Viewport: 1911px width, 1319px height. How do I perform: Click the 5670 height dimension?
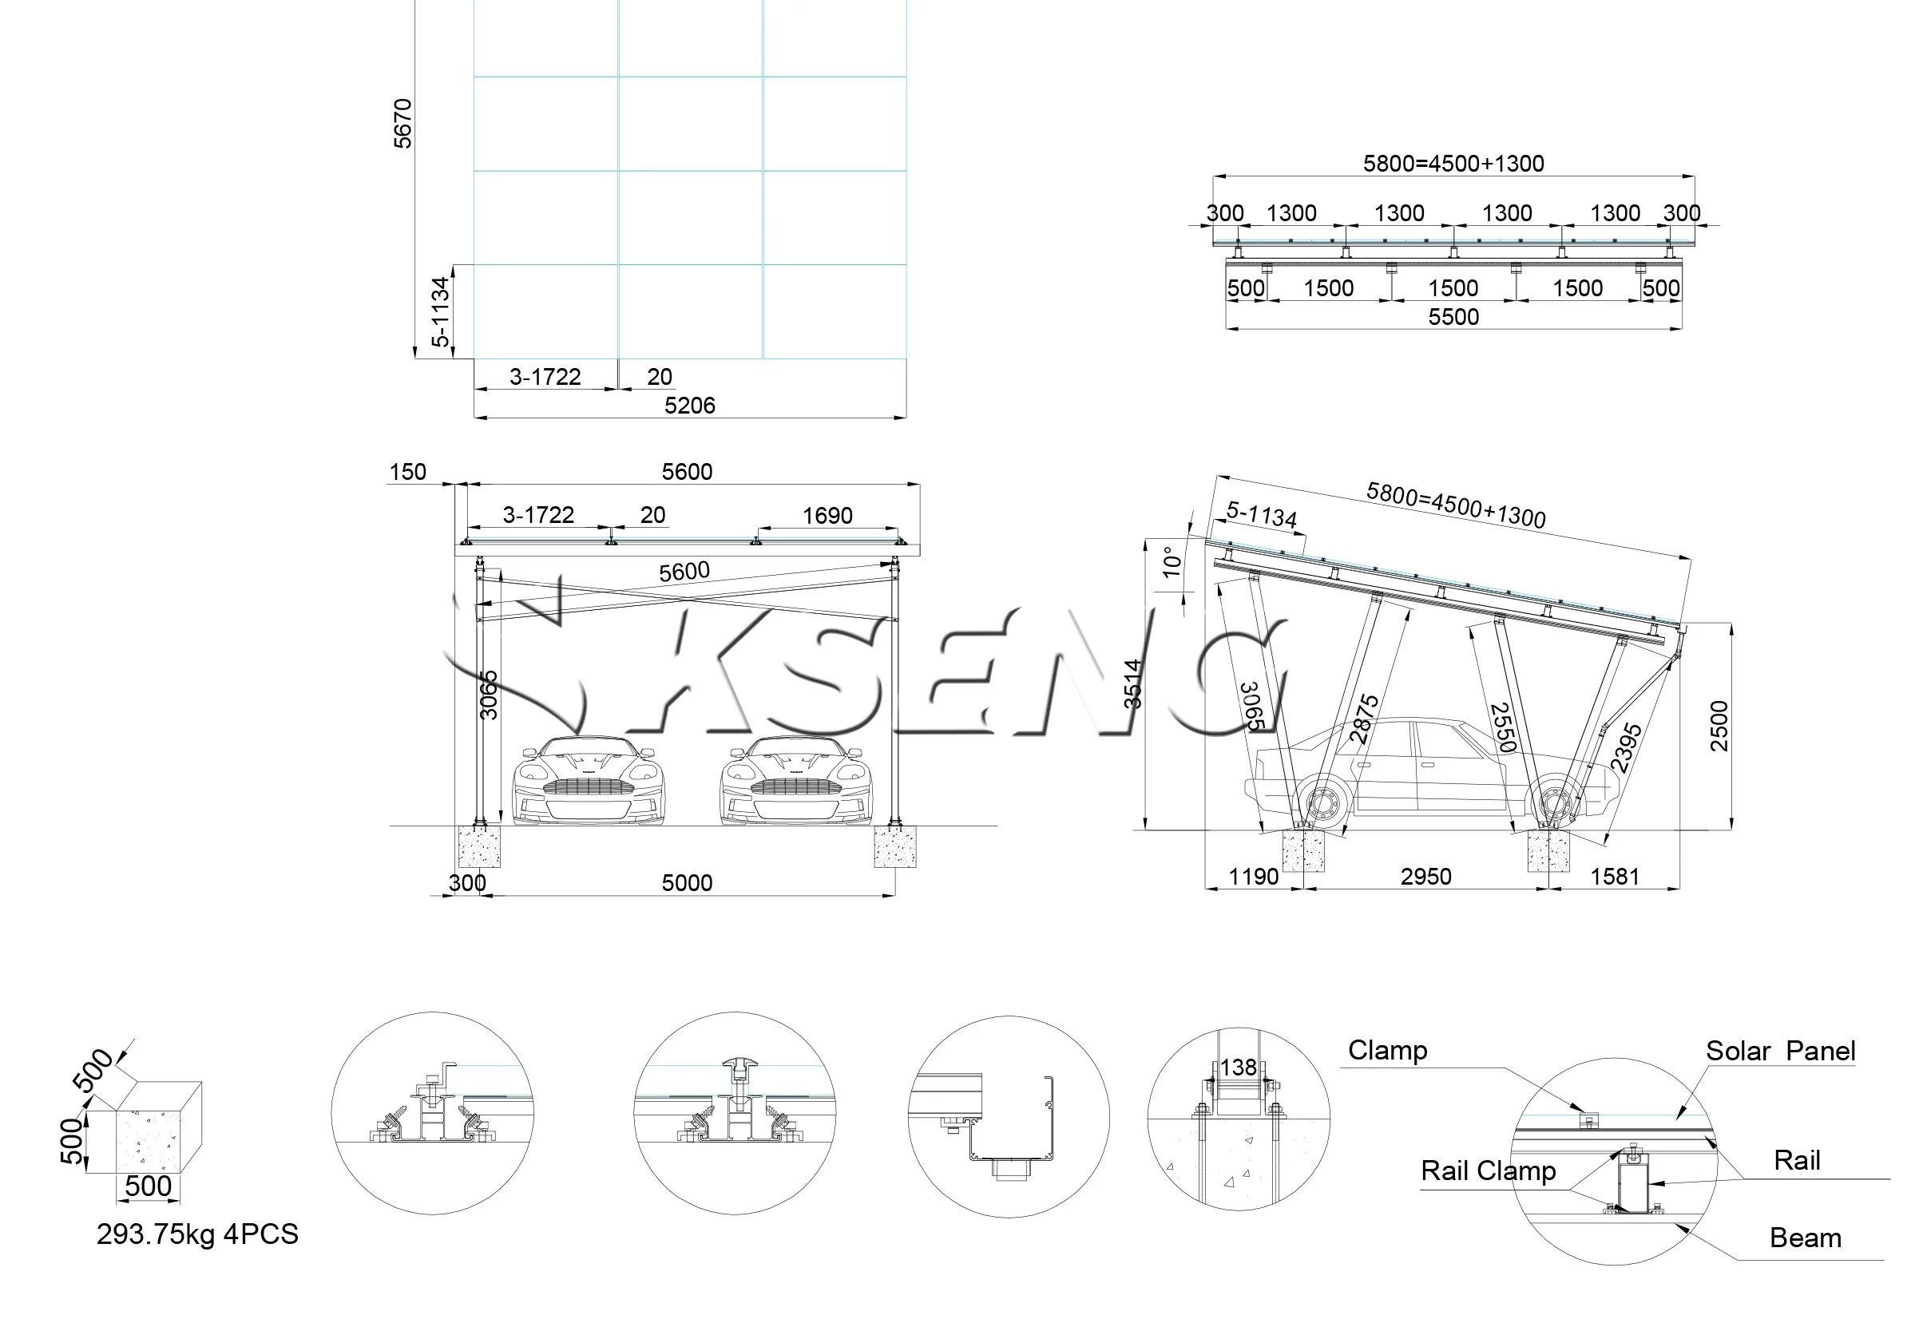(402, 123)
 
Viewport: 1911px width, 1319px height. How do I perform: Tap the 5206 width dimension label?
(689, 405)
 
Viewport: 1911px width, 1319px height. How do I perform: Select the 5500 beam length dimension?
(1453, 316)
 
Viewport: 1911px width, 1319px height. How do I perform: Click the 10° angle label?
(1172, 561)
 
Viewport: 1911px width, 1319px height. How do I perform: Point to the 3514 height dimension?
(1132, 683)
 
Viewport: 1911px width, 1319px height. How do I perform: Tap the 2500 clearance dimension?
(1719, 726)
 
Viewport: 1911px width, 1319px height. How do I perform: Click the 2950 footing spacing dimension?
(1425, 876)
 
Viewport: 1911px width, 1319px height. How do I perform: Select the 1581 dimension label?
(1614, 876)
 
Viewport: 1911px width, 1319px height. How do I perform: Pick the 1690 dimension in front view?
(827, 516)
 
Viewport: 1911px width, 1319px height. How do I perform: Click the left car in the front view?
(588, 781)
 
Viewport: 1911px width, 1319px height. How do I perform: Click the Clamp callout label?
(1387, 1051)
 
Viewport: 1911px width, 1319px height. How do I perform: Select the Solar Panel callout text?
(1779, 1052)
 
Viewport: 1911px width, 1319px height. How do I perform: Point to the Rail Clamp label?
(1488, 1171)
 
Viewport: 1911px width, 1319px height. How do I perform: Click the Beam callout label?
(1804, 1238)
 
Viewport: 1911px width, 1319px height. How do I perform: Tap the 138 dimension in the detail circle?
(1237, 1067)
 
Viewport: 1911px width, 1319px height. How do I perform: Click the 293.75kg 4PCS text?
(196, 1234)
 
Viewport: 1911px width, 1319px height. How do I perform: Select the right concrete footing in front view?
(894, 846)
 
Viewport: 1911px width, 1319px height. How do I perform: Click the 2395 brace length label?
(1626, 747)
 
